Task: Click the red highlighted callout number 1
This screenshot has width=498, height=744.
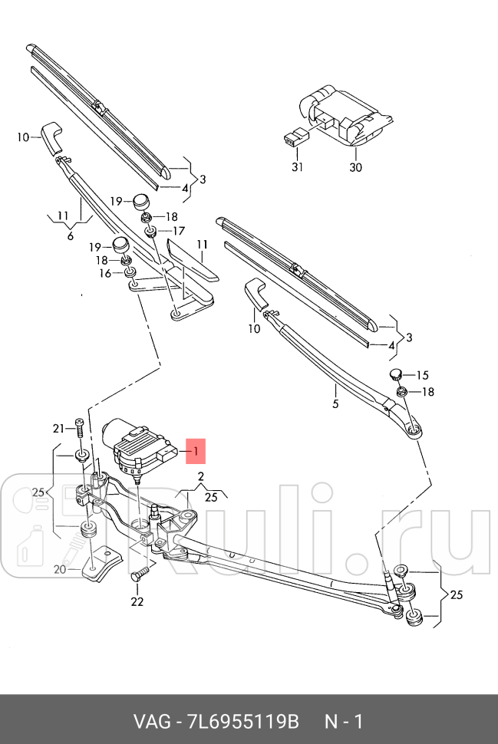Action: pos(195,452)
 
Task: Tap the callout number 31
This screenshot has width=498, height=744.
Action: pos(297,167)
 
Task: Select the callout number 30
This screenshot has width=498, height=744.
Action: pos(355,167)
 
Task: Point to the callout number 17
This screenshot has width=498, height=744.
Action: pos(178,231)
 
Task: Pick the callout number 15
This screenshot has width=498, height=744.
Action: pos(422,375)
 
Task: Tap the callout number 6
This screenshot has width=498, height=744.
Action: pos(70,236)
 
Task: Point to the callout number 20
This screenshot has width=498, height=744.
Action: pos(60,569)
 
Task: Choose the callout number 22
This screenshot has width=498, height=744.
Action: pos(137,601)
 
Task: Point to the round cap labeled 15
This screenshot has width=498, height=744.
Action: pos(395,374)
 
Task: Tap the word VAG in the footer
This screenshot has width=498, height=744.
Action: pos(150,722)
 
